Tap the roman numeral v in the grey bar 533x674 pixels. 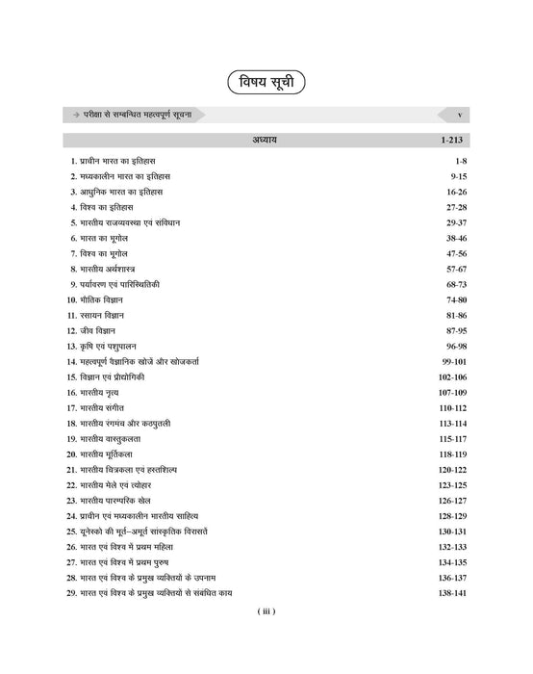(460, 115)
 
